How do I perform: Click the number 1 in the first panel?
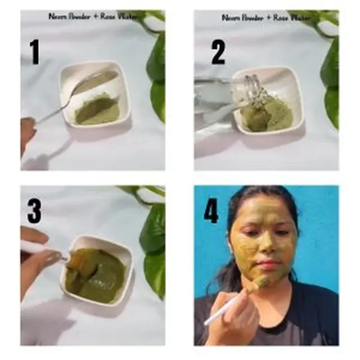coord(35,52)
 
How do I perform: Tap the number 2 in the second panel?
coord(218,52)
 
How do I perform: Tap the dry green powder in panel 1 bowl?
coord(98,110)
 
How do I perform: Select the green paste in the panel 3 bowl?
coord(96,276)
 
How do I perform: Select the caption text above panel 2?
coord(265,17)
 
